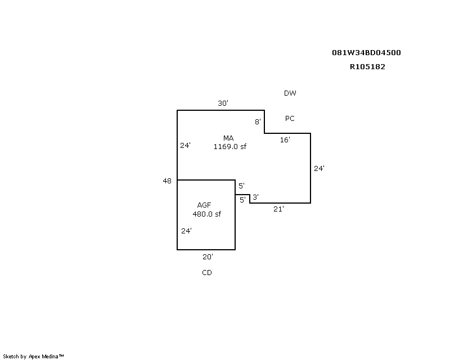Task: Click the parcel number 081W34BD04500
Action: tap(366, 52)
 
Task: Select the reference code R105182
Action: tap(367, 66)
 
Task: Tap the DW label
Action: tap(290, 93)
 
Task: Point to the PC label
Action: tap(290, 118)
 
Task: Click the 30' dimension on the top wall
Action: tap(223, 103)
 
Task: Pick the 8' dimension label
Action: tap(258, 121)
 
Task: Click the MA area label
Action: tap(228, 138)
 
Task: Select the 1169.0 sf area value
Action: tap(230, 146)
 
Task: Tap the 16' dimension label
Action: tap(285, 139)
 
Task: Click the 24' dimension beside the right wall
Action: tap(319, 168)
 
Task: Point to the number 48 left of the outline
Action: tap(167, 181)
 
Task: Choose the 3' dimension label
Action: tap(255, 197)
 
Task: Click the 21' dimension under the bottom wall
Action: tap(278, 209)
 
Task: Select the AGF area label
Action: tap(204, 205)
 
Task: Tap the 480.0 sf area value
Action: tap(206, 214)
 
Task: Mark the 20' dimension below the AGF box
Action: tap(208, 256)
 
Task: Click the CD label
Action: tap(207, 272)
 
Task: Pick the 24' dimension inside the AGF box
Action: tap(186, 231)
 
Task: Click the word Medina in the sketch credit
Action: tap(50, 357)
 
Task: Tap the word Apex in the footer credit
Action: tap(34, 357)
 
